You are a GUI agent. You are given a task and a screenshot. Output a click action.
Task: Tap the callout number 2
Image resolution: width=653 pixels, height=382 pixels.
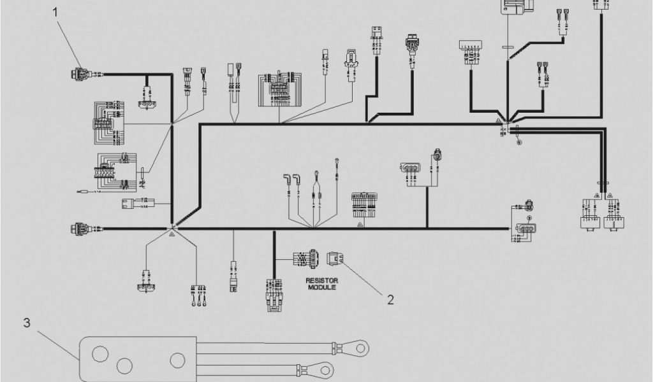point(390,299)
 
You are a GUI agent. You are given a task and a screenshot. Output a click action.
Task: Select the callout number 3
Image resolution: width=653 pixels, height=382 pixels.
point(26,323)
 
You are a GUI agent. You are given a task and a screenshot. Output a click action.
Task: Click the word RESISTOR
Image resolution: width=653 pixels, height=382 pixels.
point(321,280)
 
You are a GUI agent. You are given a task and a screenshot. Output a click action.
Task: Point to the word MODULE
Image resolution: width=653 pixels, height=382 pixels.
point(321,288)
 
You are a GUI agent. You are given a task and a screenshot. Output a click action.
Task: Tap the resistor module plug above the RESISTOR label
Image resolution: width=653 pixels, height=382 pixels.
point(305,258)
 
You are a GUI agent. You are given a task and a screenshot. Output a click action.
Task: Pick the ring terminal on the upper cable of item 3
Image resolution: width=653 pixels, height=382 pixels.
point(362,348)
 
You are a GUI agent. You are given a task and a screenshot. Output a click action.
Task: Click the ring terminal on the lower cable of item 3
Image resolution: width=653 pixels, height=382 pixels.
point(325,369)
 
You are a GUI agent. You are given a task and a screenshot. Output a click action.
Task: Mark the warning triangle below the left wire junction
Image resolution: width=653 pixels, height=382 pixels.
point(172,235)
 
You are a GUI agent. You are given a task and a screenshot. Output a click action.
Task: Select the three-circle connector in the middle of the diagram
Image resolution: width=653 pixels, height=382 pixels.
point(409,169)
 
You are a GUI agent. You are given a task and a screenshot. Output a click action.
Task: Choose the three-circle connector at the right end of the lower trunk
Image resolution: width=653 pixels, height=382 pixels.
point(526,229)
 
